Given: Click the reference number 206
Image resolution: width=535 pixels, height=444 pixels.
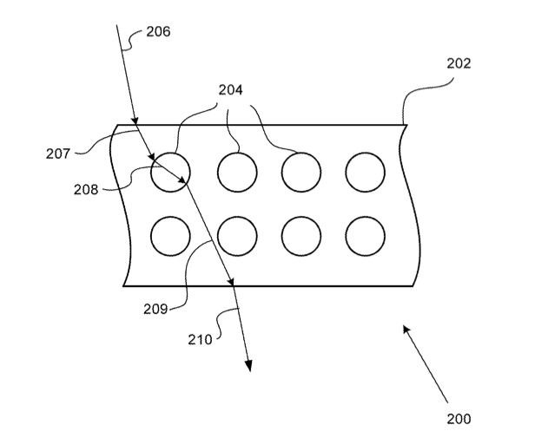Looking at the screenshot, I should [x=158, y=32].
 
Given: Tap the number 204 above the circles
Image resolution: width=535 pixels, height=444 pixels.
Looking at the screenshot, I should [x=230, y=89].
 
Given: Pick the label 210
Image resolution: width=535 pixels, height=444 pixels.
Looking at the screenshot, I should [x=200, y=340].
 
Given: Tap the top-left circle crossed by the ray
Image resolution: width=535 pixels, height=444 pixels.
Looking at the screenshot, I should [x=169, y=172].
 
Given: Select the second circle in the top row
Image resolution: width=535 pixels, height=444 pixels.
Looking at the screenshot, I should [x=237, y=172].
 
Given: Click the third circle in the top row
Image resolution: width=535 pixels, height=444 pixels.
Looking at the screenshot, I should [x=301, y=172].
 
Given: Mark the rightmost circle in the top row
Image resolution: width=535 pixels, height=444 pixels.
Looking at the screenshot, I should [x=365, y=172].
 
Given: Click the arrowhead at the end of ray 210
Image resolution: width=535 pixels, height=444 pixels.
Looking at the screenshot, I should [x=248, y=365].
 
